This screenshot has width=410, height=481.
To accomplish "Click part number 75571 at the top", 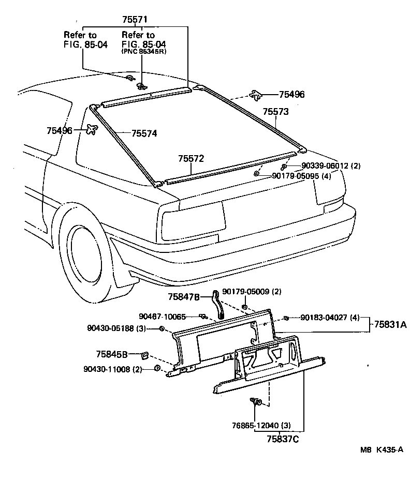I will pos(135,20).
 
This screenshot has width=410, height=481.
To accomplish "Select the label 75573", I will pos(275,112).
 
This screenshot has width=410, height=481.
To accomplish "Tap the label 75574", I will pos(144,133).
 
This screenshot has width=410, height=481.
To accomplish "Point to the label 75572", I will pos(192,158).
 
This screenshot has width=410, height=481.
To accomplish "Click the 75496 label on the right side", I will pos(291,95).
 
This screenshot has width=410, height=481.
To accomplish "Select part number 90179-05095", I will pos(301,176).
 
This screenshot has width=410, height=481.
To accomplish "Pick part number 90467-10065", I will pos(162,316).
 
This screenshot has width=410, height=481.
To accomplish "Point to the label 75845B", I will pos(111,354).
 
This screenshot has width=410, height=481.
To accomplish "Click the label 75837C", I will pos(282,439).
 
